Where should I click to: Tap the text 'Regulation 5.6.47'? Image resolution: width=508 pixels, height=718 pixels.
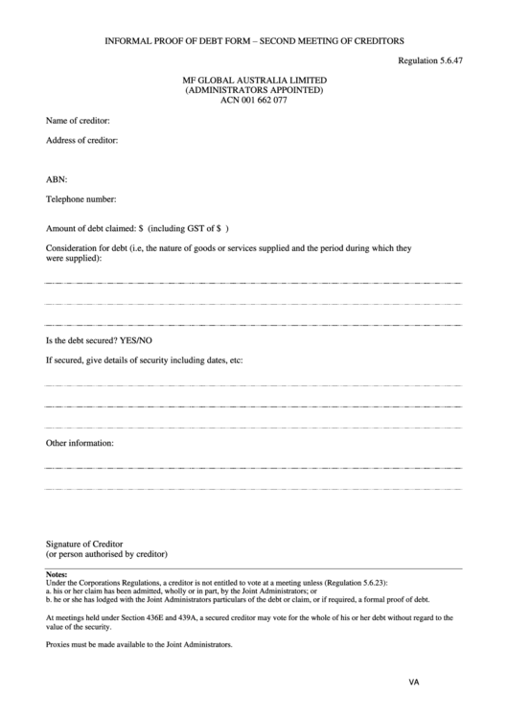coord(430,60)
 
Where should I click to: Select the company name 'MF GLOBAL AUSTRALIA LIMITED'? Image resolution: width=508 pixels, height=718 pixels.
coord(254,80)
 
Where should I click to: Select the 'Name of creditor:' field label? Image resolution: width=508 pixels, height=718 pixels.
coord(78,121)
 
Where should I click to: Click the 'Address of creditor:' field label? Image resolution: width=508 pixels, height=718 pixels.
coord(81,141)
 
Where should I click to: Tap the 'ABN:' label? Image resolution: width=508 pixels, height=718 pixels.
coord(57,179)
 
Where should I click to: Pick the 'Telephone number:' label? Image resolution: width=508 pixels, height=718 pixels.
coord(81,199)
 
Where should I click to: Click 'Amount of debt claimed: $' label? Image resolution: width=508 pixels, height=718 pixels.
coord(94,229)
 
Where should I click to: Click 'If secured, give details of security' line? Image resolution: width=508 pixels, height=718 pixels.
coord(144,360)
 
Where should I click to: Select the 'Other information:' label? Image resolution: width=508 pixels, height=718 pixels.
coord(81,443)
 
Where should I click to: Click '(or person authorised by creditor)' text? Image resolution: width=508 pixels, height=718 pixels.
coord(107,554)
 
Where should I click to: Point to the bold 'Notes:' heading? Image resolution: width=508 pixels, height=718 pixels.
coord(57,574)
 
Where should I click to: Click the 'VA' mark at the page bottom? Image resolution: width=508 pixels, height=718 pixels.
coord(414,683)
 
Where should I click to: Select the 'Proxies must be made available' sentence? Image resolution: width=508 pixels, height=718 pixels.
coord(139,644)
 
